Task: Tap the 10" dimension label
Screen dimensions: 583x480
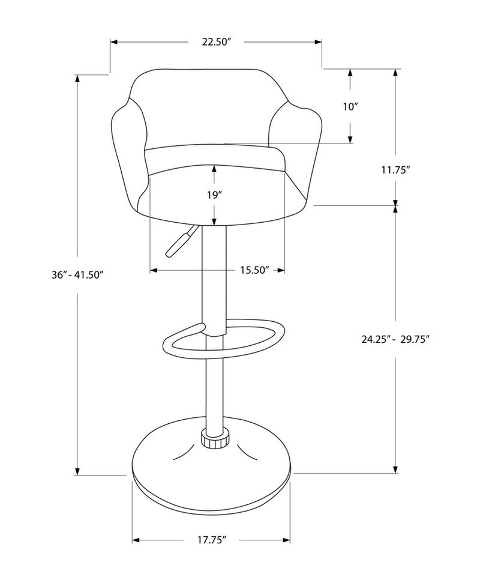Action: pyautogui.click(x=350, y=107)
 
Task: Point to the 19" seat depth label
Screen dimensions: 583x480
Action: pyautogui.click(x=214, y=195)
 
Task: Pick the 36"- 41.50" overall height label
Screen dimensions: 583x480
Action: pyautogui.click(x=78, y=274)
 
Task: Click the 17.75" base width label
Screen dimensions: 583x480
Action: pyautogui.click(x=209, y=540)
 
